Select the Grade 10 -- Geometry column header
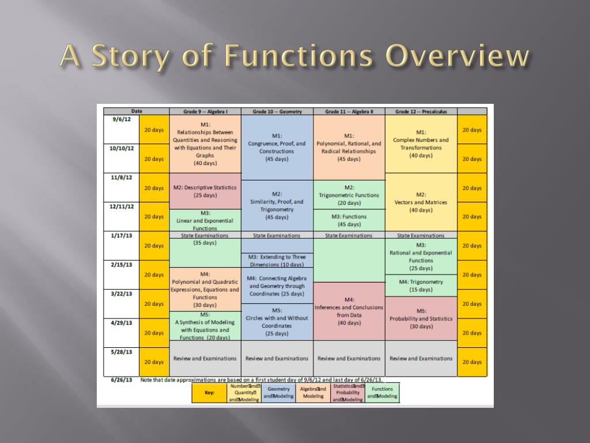277,111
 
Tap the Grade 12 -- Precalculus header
421,111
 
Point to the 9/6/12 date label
122,119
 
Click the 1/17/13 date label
122,235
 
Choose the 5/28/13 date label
122,351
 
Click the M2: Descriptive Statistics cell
205,191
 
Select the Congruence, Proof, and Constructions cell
277,148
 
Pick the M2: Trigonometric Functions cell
349,195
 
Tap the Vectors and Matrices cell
421,202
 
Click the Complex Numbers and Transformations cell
421,144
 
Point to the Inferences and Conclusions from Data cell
349,311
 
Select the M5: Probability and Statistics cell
421,318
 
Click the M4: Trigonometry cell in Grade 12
421,286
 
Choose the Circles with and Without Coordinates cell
277,321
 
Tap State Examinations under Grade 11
349,235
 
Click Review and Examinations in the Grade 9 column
205,358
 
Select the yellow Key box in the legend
210,393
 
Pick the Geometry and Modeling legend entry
279,393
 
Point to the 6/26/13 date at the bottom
122,380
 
